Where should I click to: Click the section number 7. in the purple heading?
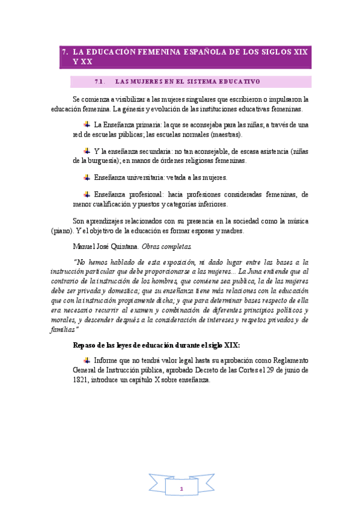click(x=66, y=52)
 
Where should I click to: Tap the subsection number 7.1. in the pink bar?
click(x=100, y=81)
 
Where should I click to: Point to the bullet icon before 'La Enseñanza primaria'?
click(x=87, y=124)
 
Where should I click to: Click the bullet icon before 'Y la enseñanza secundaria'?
click(x=87, y=152)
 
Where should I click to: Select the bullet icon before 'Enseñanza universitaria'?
click(x=87, y=177)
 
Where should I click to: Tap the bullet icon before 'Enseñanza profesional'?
click(x=87, y=194)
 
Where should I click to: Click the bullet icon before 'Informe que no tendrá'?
click(x=87, y=360)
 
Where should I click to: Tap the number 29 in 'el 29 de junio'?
click(x=276, y=370)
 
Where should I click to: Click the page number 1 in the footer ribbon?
click(x=180, y=489)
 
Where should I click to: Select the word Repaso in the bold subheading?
click(x=86, y=345)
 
